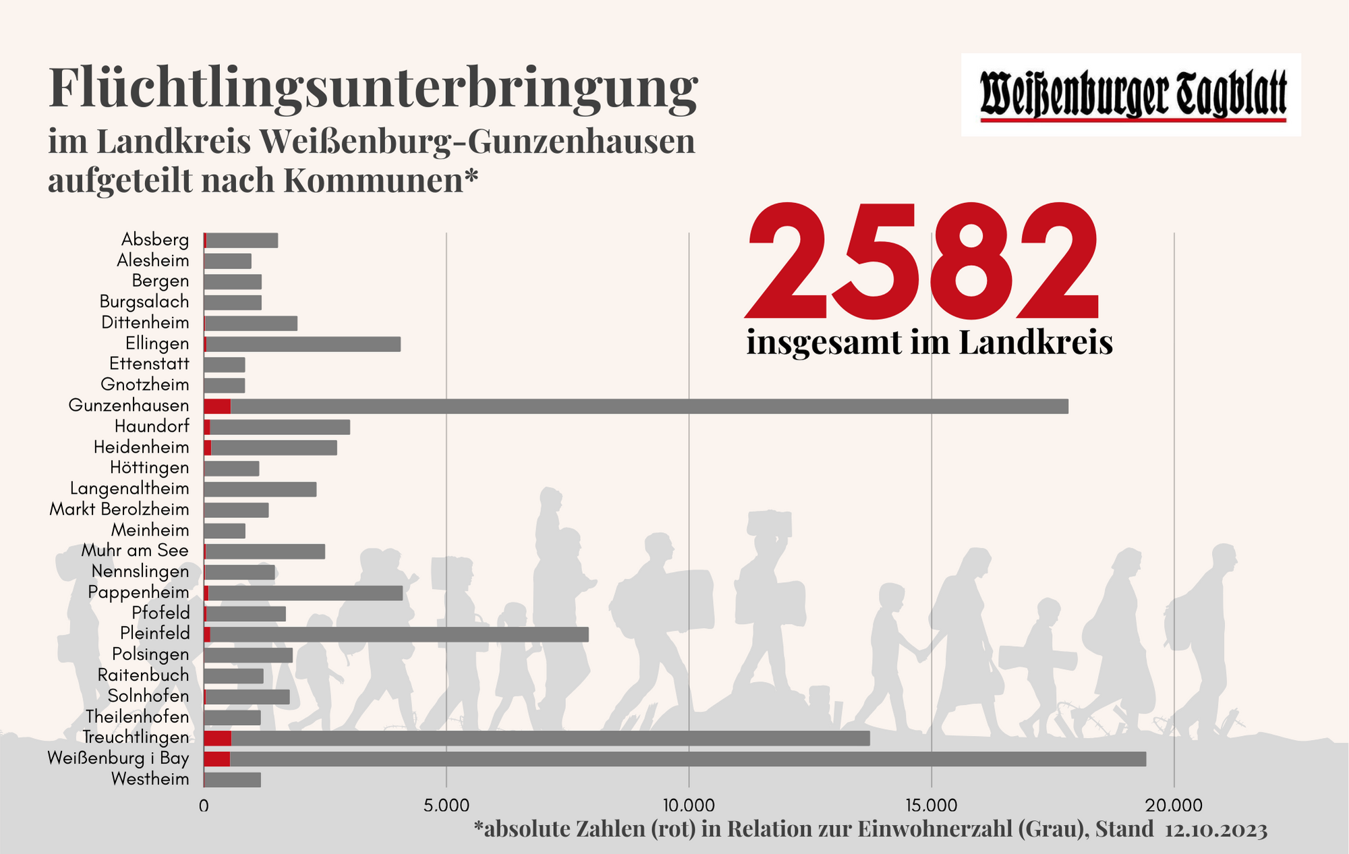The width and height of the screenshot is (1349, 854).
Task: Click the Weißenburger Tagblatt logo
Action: coord(1131,95)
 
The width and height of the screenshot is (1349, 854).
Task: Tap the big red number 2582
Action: coord(923,262)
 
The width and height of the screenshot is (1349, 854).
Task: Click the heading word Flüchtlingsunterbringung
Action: coord(373,88)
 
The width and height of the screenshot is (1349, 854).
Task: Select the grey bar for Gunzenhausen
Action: coord(648,406)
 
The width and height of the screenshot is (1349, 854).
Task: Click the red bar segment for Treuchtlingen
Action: coord(217,738)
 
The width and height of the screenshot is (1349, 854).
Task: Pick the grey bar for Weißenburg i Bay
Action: coord(688,759)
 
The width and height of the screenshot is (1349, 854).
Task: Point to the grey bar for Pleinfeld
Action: coord(398,634)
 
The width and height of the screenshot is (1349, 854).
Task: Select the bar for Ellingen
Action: coord(302,344)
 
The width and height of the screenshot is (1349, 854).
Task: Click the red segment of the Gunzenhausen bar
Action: coord(217,406)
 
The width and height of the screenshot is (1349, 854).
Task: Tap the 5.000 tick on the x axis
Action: coord(446,806)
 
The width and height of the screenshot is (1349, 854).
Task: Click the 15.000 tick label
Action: coord(931,806)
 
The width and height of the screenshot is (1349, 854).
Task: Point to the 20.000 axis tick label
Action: coord(1174,806)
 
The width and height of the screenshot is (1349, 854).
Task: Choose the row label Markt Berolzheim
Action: coord(119,509)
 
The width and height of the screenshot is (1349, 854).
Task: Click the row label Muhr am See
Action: coord(135,550)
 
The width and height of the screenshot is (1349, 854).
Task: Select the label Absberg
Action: coord(155,239)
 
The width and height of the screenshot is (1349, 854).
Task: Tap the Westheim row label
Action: coord(150,780)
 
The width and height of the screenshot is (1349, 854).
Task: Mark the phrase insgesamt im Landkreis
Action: coord(929,343)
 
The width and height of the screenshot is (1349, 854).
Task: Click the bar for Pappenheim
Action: coord(304,593)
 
